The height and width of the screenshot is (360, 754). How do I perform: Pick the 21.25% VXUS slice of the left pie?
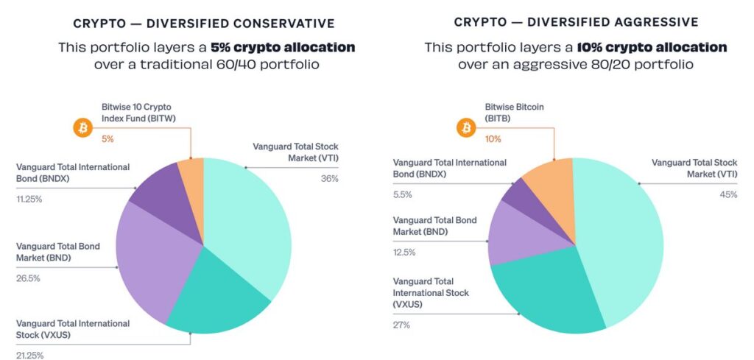pos(214,298)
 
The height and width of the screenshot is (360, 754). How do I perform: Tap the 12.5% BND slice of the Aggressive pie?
pos(515,236)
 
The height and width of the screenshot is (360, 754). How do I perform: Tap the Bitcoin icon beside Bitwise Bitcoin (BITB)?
pos(465,128)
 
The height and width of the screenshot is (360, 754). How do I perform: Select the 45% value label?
pos(728,194)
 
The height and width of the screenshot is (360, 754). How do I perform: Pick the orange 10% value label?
pos(493,138)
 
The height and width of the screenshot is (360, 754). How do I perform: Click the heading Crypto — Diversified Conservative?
pos(204,24)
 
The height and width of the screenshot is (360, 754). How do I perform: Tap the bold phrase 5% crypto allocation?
pos(283,47)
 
